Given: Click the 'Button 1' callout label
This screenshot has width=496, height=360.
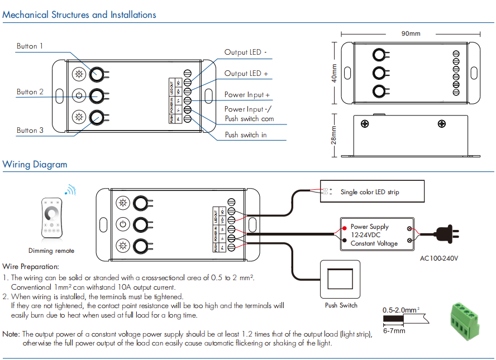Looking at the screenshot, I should pos(30,46).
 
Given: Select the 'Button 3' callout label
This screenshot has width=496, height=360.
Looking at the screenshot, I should pos(30,131).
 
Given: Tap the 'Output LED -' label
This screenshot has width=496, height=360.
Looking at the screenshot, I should pos(246,52).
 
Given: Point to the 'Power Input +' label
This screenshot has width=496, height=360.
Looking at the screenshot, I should pos(247,95).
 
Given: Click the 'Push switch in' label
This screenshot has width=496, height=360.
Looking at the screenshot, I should pos(246,135).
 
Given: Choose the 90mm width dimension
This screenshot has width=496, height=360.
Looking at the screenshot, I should pos(411,33).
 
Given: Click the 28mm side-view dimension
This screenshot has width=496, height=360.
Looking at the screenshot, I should pos(334,135).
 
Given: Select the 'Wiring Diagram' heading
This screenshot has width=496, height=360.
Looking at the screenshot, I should pos(35,165).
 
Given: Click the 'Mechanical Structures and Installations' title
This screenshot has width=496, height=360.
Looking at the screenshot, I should pos(79,15).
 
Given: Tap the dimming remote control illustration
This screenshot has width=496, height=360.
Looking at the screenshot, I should pos(51,218).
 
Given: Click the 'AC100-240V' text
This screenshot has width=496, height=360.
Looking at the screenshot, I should pos(439,259).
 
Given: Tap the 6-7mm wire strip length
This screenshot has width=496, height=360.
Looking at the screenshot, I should pos(394,330).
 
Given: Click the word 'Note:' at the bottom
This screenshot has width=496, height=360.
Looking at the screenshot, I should pos(11,334).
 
